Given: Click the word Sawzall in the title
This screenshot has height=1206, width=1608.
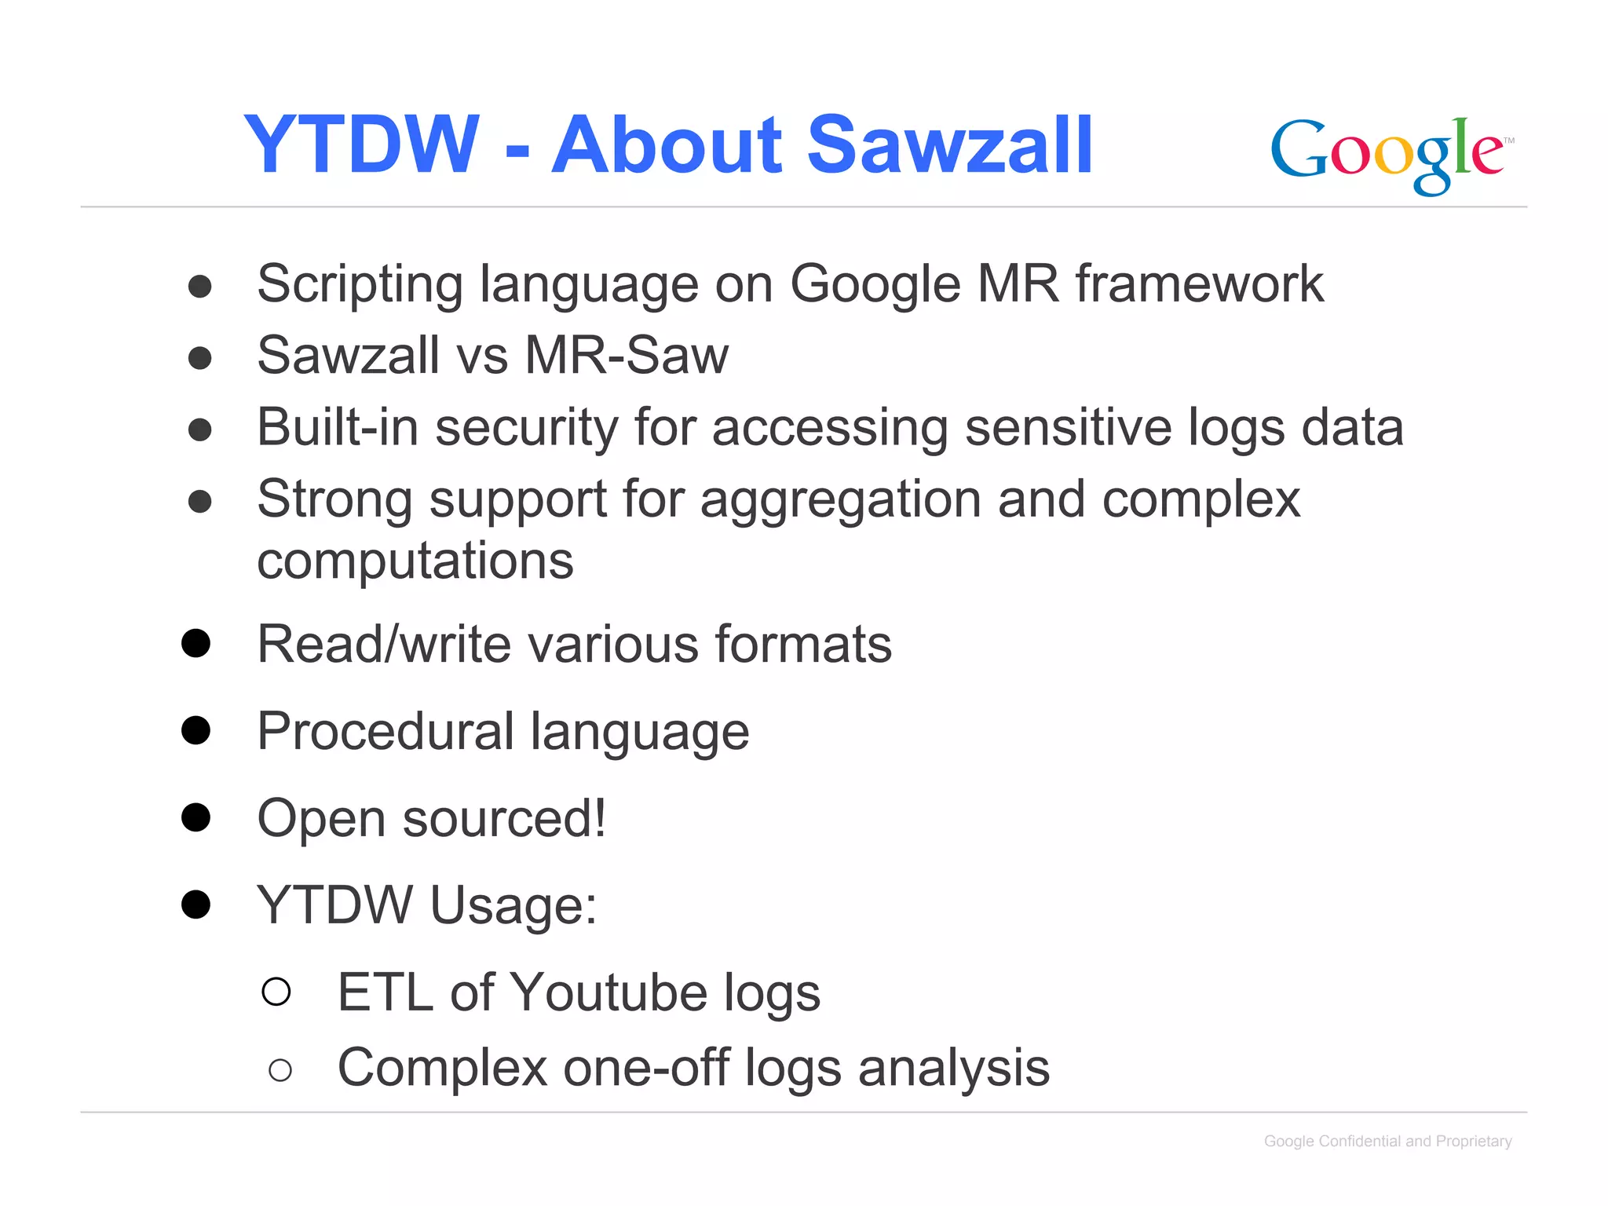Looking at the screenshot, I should (950, 145).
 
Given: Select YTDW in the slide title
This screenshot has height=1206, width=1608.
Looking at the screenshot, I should (361, 145).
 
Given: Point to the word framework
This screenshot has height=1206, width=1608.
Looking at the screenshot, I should (1199, 284).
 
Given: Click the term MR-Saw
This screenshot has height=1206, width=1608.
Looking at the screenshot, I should (627, 356).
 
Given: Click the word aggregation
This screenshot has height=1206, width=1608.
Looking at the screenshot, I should (840, 500).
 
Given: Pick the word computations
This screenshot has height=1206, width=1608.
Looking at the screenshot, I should (415, 561).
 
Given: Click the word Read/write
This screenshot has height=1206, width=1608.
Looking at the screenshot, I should (384, 645).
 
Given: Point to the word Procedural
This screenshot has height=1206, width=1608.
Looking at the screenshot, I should (385, 732).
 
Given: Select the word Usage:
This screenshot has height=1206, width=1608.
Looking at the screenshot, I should (513, 906).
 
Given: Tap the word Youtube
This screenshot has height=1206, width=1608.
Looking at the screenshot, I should (608, 993).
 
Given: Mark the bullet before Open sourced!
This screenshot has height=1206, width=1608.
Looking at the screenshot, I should (196, 817).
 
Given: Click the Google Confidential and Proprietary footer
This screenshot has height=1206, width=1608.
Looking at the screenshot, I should (1387, 1142).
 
